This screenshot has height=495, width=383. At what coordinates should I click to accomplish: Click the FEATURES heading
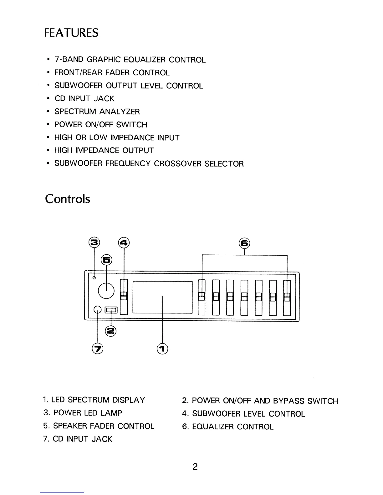pos(71,32)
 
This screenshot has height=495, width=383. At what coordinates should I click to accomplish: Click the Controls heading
pos(68,199)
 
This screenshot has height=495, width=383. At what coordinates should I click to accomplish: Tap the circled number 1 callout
pos(162,348)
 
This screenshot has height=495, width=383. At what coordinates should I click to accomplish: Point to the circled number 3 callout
pos(94,242)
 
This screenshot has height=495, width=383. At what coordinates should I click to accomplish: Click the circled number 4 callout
pos(124,242)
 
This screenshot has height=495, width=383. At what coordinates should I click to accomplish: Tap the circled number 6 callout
pos(244,243)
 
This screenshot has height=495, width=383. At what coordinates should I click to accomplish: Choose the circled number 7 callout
pos(98,348)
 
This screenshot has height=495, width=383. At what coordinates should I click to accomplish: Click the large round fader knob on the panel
pos(106,291)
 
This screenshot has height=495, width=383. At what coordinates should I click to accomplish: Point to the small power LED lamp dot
pos(94,277)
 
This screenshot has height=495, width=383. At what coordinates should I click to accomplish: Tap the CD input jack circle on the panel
pos(98,309)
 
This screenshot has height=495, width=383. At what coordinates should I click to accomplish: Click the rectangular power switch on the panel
pos(111,310)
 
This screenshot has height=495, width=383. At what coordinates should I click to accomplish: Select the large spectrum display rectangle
pos(162,297)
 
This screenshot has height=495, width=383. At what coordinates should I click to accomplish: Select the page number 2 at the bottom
pos(195,467)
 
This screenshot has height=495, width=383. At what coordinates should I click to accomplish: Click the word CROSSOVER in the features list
pos(178,164)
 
